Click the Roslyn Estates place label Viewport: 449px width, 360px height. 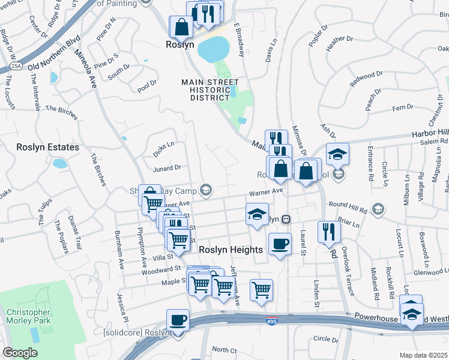click(40, 147)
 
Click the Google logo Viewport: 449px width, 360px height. click(20, 353)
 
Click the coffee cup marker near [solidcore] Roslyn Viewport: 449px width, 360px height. click(178, 320)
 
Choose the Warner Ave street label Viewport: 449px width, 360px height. click(266, 191)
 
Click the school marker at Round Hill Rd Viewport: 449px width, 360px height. click(378, 209)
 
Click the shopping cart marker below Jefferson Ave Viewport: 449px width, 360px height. click(261, 290)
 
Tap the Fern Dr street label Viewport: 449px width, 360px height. click(398, 107)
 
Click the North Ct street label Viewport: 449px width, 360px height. click(224, 350)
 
